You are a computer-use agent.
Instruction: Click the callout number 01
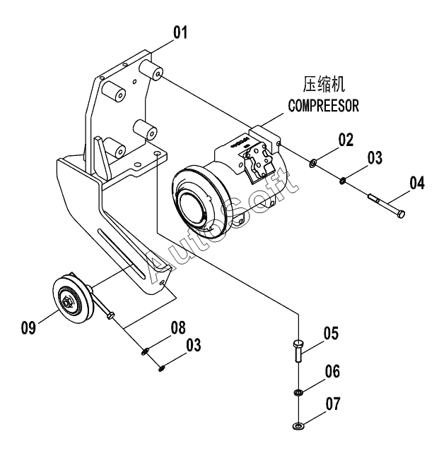click(180, 32)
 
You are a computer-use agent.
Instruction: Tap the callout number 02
click(346, 140)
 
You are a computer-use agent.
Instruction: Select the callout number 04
click(417, 183)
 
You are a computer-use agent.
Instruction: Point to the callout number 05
click(331, 333)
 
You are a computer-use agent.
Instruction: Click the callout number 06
click(332, 371)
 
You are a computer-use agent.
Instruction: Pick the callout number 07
click(333, 404)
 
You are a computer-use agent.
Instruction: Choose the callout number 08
click(178, 327)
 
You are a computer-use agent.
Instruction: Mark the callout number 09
click(28, 327)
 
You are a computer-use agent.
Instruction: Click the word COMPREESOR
click(323, 105)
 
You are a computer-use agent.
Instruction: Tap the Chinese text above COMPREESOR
click(324, 84)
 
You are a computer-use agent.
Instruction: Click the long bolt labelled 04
click(386, 206)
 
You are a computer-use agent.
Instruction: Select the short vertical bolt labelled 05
click(298, 351)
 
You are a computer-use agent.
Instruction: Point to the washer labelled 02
click(313, 164)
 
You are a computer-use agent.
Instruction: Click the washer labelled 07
click(298, 425)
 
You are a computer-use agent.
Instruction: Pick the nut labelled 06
click(298, 392)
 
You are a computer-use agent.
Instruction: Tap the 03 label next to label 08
click(193, 345)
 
